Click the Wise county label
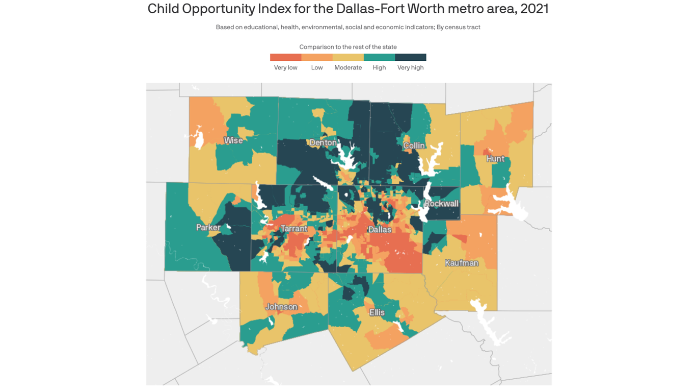click(233, 140)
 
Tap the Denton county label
click(323, 143)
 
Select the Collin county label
click(414, 146)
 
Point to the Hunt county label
click(495, 159)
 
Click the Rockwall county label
click(441, 204)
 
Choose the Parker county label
click(208, 228)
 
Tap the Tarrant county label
click(294, 229)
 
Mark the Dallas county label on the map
click(380, 230)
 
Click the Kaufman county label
click(461, 263)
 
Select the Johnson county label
click(281, 307)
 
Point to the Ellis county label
click(377, 312)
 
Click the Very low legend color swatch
click(285, 58)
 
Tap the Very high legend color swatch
click(411, 58)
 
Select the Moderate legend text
click(348, 68)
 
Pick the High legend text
click(379, 68)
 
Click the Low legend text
click(317, 68)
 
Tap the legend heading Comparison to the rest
click(348, 47)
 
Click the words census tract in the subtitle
click(463, 27)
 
